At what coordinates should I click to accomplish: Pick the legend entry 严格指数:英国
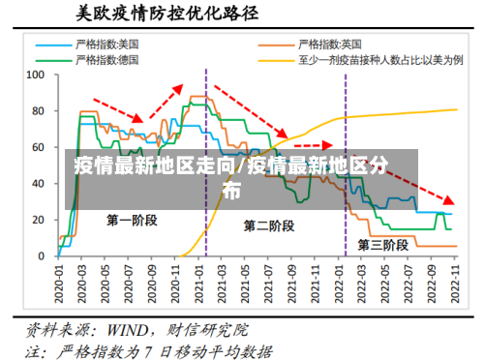[x=330, y=45]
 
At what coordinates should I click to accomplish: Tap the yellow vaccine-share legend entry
[x=378, y=59]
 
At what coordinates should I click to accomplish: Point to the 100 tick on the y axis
[x=36, y=74]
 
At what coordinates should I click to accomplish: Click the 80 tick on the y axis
[x=39, y=110]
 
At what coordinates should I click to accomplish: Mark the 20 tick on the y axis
[x=39, y=220]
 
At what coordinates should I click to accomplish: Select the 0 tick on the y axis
[x=42, y=255]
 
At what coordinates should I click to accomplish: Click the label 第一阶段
[x=133, y=221]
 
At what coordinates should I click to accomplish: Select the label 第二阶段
[x=269, y=226]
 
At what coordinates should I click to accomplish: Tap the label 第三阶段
[x=384, y=242]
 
